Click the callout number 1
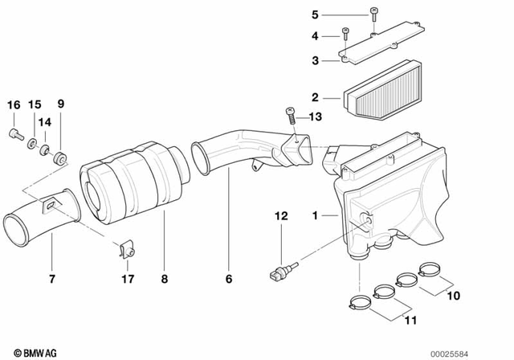316,215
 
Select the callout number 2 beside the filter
316,98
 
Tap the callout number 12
280,215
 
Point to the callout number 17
127,280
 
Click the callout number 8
164,280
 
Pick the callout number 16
13,105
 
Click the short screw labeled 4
345,34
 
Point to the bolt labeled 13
289,117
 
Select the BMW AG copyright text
28,352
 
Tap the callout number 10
454,295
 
